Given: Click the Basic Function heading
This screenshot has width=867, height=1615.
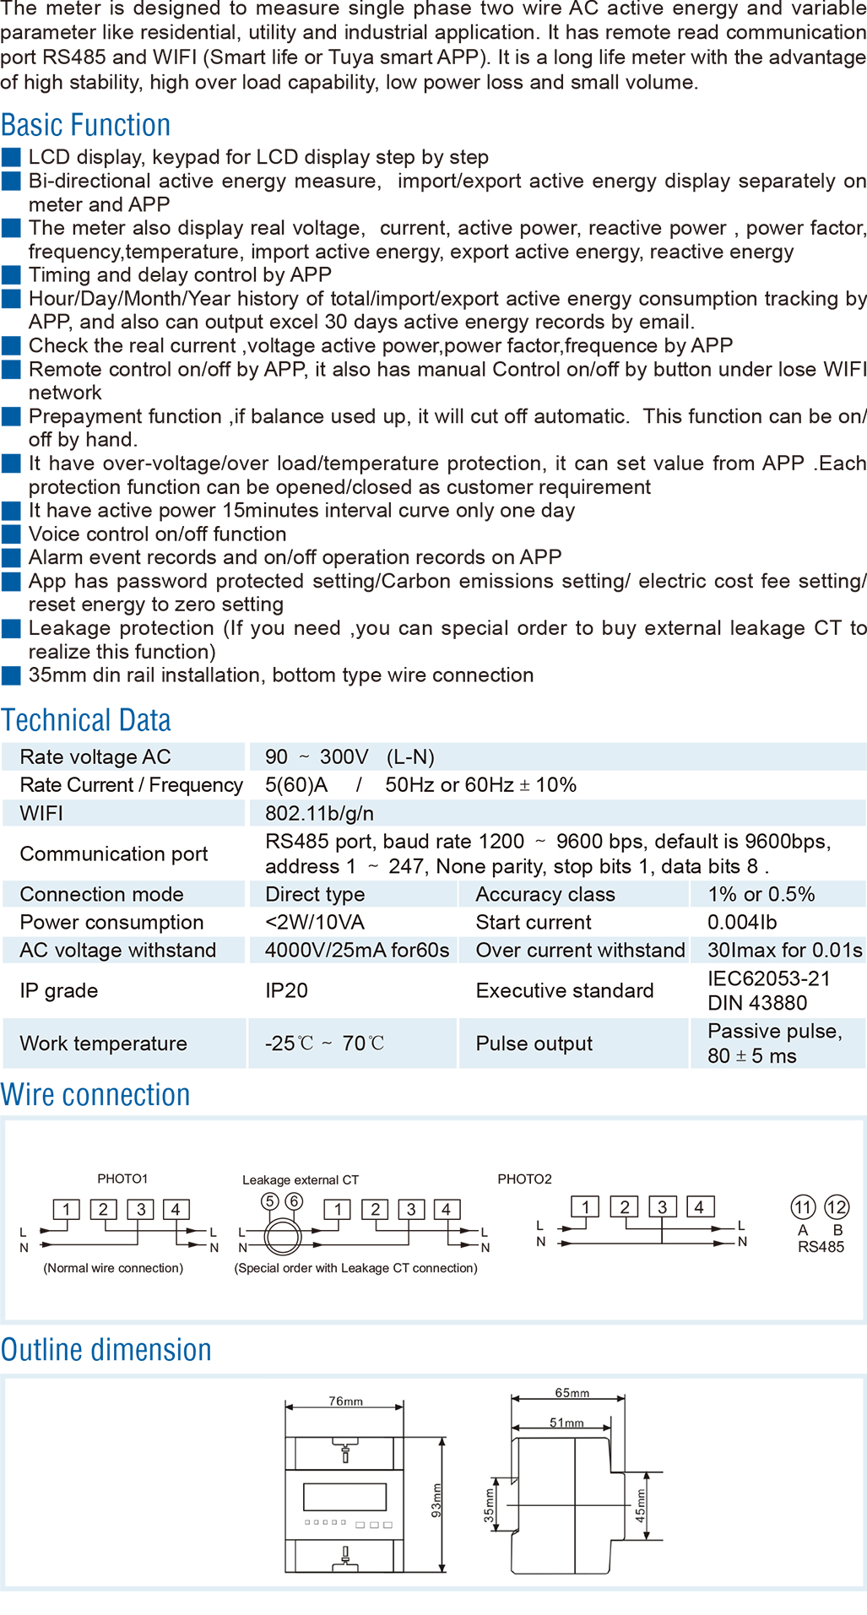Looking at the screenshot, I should click(85, 125).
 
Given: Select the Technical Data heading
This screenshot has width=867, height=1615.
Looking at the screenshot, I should click(85, 720).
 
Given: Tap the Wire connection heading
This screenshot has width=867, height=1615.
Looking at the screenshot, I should click(95, 1095).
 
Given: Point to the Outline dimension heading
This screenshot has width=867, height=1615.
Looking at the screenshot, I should click(106, 1350).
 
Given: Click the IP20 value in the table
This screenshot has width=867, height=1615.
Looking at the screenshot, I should click(286, 990).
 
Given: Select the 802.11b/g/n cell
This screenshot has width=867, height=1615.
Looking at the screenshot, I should click(319, 813).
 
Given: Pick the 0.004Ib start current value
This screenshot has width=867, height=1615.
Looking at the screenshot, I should click(742, 922).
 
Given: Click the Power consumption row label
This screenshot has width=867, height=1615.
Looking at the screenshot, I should click(111, 922).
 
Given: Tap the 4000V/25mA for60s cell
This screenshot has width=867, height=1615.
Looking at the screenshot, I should click(356, 950).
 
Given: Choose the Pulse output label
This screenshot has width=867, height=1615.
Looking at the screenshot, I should click(534, 1043).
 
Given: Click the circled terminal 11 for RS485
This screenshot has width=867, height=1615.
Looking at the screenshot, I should click(803, 1207).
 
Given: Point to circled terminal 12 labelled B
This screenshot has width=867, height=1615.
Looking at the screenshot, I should click(837, 1207).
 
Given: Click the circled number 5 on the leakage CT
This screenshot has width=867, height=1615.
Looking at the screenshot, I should click(270, 1200).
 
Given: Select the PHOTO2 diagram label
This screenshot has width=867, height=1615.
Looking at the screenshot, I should click(524, 1179).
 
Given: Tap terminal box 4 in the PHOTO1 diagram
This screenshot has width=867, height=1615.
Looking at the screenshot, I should click(176, 1210).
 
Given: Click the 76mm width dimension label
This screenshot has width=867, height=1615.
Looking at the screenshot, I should click(345, 1401).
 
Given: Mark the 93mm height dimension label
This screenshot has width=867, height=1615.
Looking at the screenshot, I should click(436, 1500).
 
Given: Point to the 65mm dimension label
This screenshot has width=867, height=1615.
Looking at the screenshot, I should click(572, 1393).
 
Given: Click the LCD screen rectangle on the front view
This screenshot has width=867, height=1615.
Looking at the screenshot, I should click(344, 1497).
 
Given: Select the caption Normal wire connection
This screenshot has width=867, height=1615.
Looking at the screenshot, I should click(113, 1268).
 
